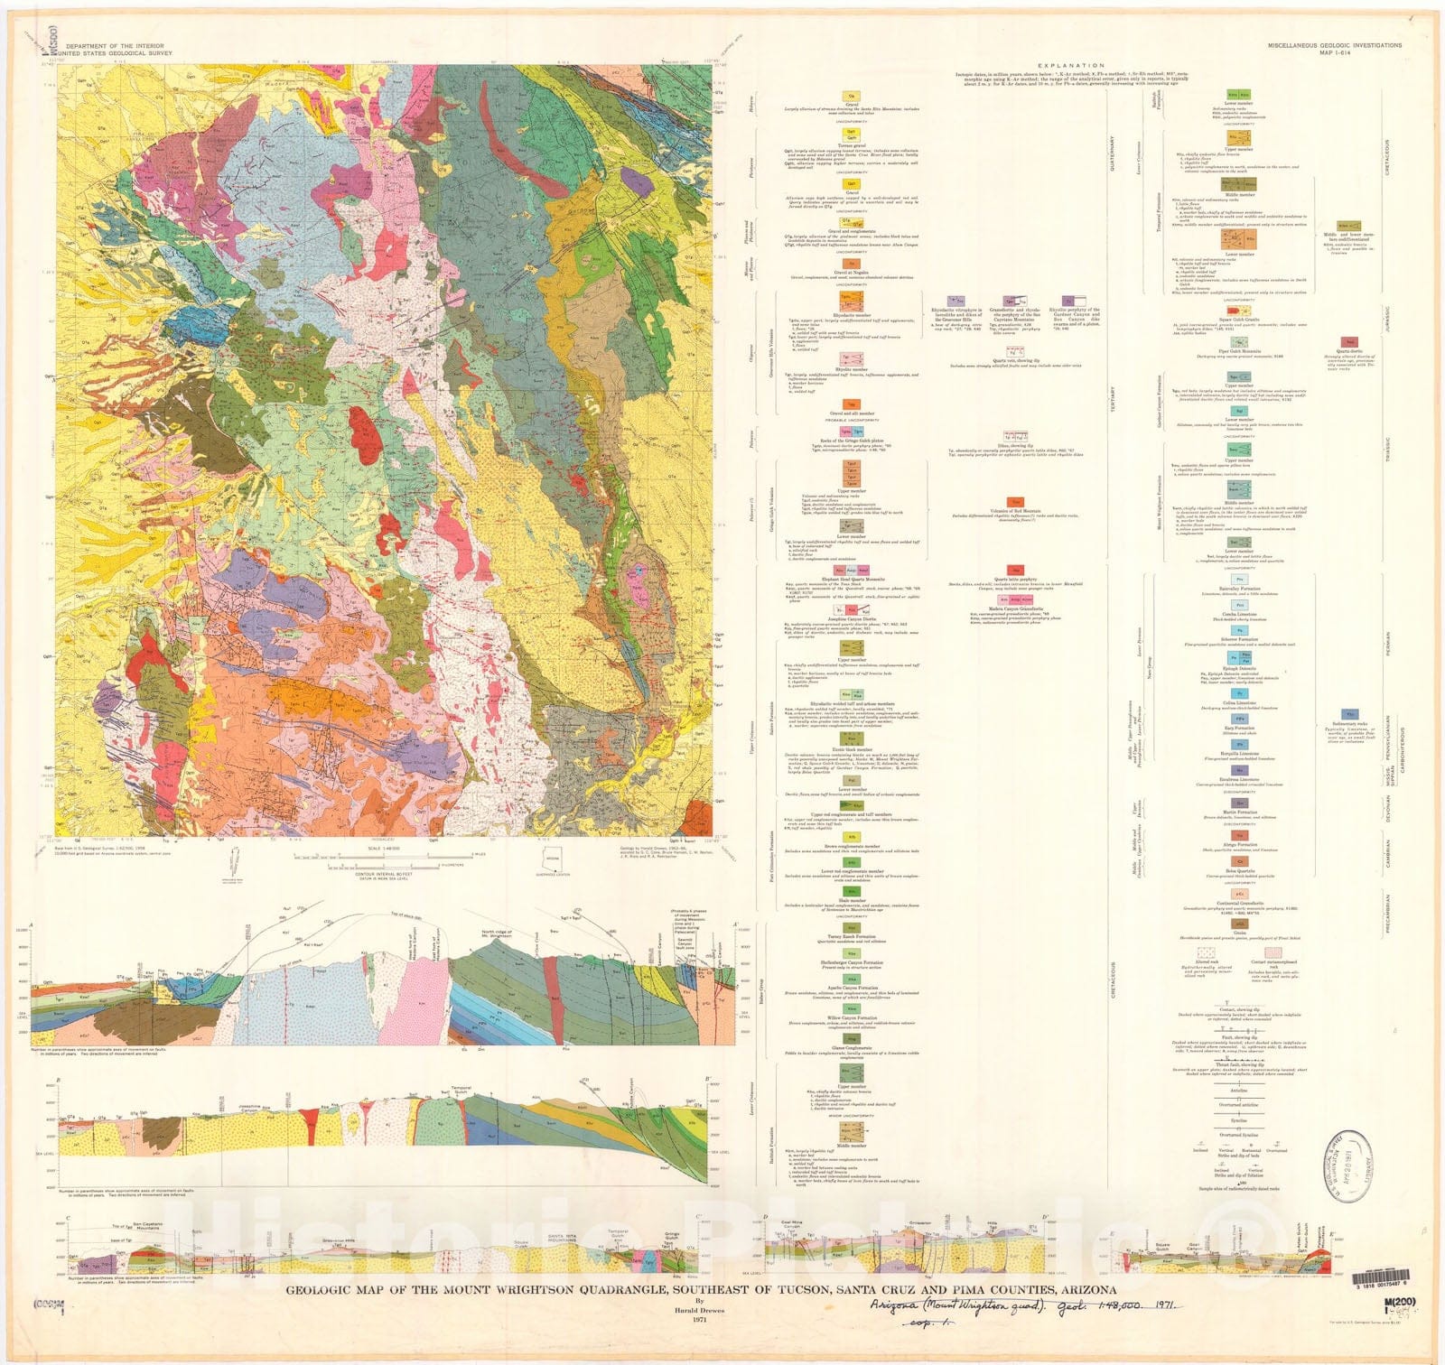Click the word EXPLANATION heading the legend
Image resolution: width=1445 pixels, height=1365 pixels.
1070,65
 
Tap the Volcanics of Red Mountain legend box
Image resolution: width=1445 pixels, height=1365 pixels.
1015,502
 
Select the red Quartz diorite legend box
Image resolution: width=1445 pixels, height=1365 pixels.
1350,342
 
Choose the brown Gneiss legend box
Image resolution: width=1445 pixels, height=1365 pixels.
1239,924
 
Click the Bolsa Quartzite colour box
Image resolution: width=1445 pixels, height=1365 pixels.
1239,862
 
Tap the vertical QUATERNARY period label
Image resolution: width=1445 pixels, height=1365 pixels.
1112,153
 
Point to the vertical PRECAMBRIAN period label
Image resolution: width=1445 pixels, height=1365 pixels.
1388,914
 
